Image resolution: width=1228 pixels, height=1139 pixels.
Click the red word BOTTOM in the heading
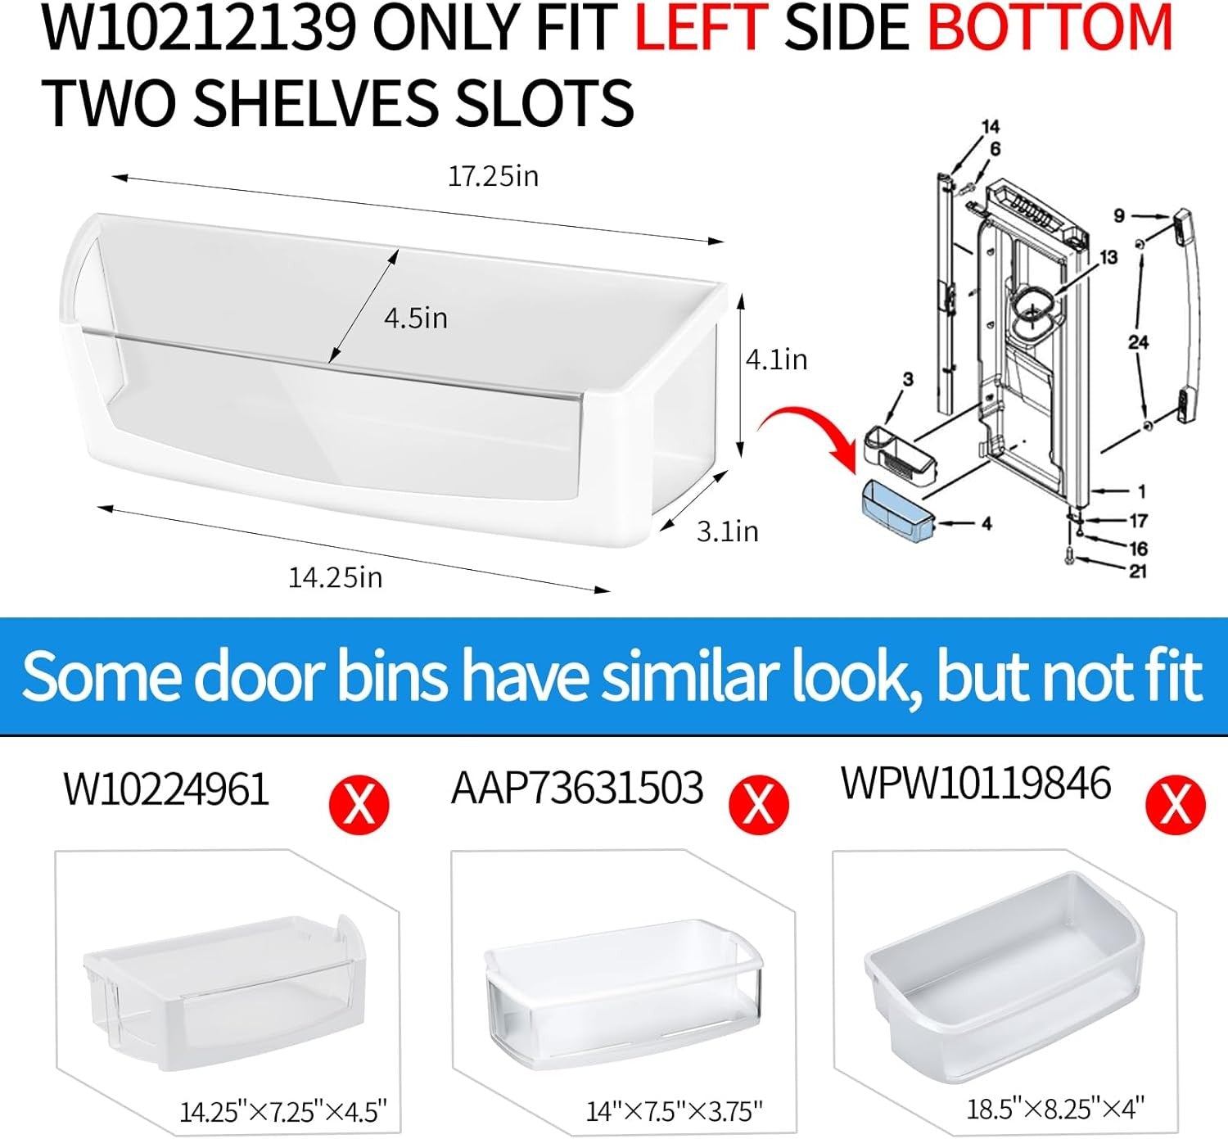[1050, 29]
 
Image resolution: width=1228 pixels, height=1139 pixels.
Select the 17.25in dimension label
[493, 176]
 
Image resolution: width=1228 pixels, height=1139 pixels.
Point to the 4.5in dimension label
[416, 318]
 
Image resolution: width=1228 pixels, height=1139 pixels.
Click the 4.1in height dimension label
[776, 359]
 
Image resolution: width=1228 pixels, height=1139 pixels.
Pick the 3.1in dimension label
[727, 531]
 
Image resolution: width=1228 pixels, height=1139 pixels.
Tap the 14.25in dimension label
[335, 578]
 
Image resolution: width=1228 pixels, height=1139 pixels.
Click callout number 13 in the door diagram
[1108, 257]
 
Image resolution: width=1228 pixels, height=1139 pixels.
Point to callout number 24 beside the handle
[1138, 342]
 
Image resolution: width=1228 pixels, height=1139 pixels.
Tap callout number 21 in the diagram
[1138, 571]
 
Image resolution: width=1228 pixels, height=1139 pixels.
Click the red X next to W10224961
[359, 805]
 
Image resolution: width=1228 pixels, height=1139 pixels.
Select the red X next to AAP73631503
[759, 805]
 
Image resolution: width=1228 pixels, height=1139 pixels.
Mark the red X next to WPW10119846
[1175, 805]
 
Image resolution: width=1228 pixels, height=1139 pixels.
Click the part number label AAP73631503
[577, 789]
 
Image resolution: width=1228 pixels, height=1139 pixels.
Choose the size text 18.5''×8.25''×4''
[1055, 1107]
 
